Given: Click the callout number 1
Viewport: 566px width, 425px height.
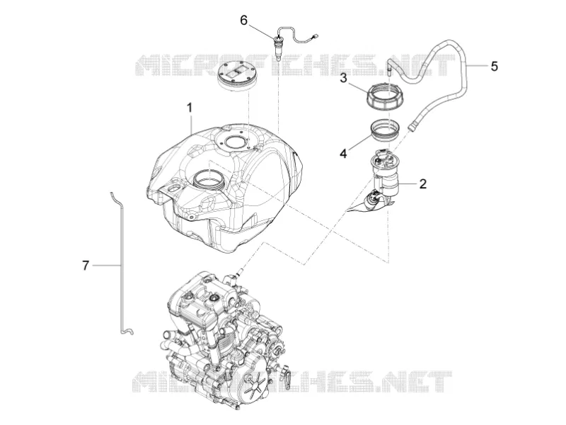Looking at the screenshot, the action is (x=189, y=108).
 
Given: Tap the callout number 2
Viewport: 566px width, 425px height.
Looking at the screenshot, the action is (x=422, y=183).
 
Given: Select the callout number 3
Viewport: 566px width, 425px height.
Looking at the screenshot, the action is (x=343, y=78).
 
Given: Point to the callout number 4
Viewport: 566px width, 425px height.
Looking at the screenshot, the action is (x=343, y=153).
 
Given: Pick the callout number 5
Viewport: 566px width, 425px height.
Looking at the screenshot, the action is (x=494, y=66).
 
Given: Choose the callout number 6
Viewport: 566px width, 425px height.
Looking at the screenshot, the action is (x=243, y=21).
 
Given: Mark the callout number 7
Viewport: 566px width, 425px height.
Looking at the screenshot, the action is (x=85, y=266).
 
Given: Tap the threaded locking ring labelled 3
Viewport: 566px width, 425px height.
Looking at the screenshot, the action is (x=385, y=96).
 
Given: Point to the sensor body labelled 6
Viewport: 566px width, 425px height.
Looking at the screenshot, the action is (x=278, y=46).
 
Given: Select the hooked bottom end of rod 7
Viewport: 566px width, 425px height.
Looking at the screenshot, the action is (x=127, y=330).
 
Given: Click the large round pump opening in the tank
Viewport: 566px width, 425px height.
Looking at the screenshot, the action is (x=209, y=178).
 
